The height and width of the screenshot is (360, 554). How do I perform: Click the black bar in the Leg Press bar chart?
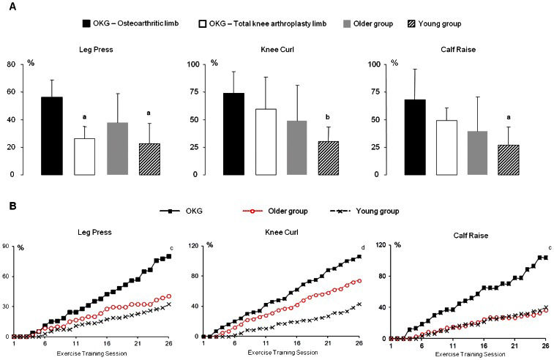[51, 136]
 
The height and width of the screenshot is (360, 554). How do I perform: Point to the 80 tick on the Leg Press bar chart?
[12, 64]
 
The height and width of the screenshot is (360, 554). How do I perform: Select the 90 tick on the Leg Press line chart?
[7, 247]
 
